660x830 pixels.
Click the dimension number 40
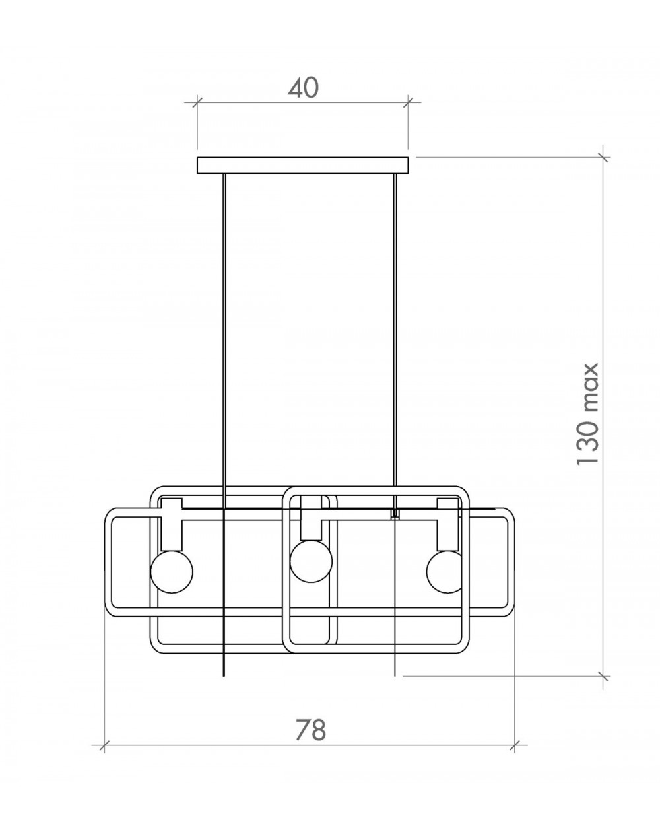(304, 88)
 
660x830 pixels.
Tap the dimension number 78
(311, 730)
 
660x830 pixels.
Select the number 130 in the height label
(587, 441)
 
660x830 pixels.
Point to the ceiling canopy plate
(303, 165)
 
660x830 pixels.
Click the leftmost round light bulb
(172, 572)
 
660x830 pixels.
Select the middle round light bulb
(311, 561)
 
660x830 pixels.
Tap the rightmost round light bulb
(444, 572)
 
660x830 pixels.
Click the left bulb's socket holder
(172, 524)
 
